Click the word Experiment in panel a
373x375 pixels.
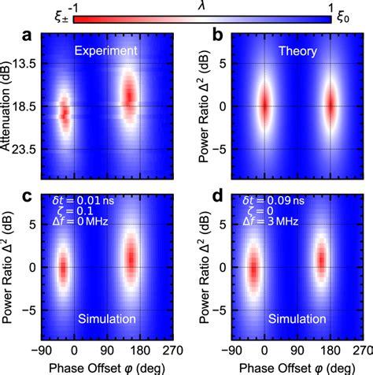pyautogui.click(x=107, y=50)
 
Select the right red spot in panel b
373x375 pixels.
pyautogui.click(x=331, y=105)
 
